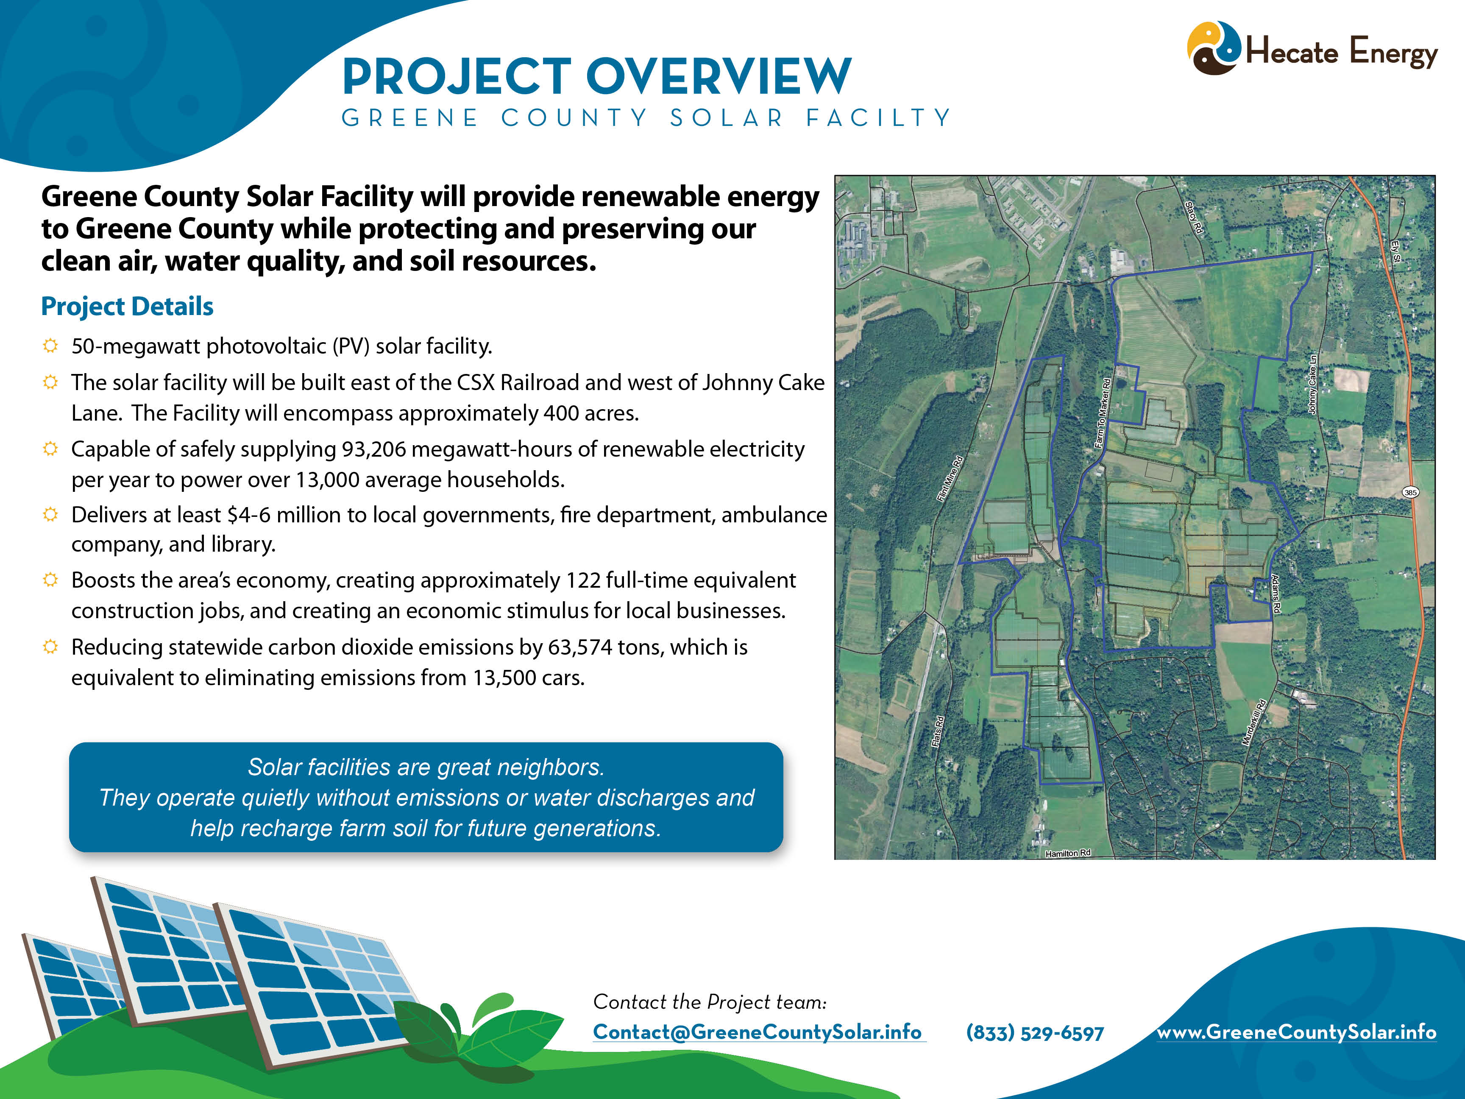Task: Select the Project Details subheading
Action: (x=127, y=307)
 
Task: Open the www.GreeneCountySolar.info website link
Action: (x=1296, y=1032)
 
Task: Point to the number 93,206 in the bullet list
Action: (x=373, y=449)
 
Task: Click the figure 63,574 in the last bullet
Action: (x=579, y=647)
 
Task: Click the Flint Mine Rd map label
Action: (x=950, y=478)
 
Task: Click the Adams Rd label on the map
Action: (x=1275, y=594)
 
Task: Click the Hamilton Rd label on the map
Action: (x=1068, y=853)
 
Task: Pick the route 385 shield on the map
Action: (x=1411, y=492)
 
